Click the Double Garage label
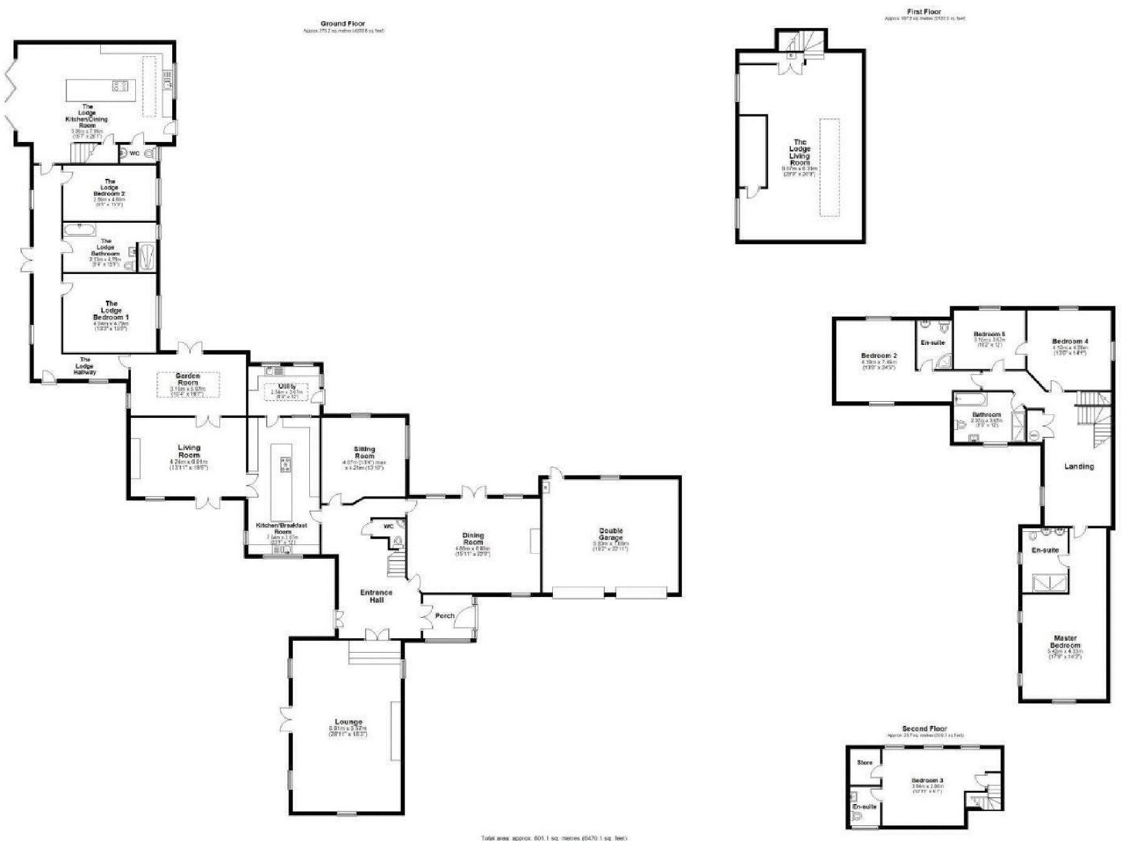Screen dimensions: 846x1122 coord(610,534)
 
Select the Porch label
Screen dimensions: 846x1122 coord(445,616)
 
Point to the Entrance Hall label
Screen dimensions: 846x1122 coord(376,596)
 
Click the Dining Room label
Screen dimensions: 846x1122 coord(473,539)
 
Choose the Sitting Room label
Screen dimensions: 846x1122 coord(364,452)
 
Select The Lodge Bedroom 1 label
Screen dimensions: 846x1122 coord(111,310)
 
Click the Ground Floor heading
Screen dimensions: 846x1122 coord(343,24)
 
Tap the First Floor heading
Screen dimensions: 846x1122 coord(924,11)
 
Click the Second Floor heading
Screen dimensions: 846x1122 coord(924,728)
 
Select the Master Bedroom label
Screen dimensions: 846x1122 coord(1065,641)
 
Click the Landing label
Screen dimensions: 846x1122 coord(1079,466)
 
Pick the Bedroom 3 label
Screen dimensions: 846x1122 coord(927,780)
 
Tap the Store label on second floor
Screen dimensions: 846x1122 coord(865,763)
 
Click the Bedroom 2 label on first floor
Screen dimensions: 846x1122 coord(879,355)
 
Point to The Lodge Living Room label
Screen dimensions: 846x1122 coord(800,152)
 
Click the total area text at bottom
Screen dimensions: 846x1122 coord(553,838)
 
